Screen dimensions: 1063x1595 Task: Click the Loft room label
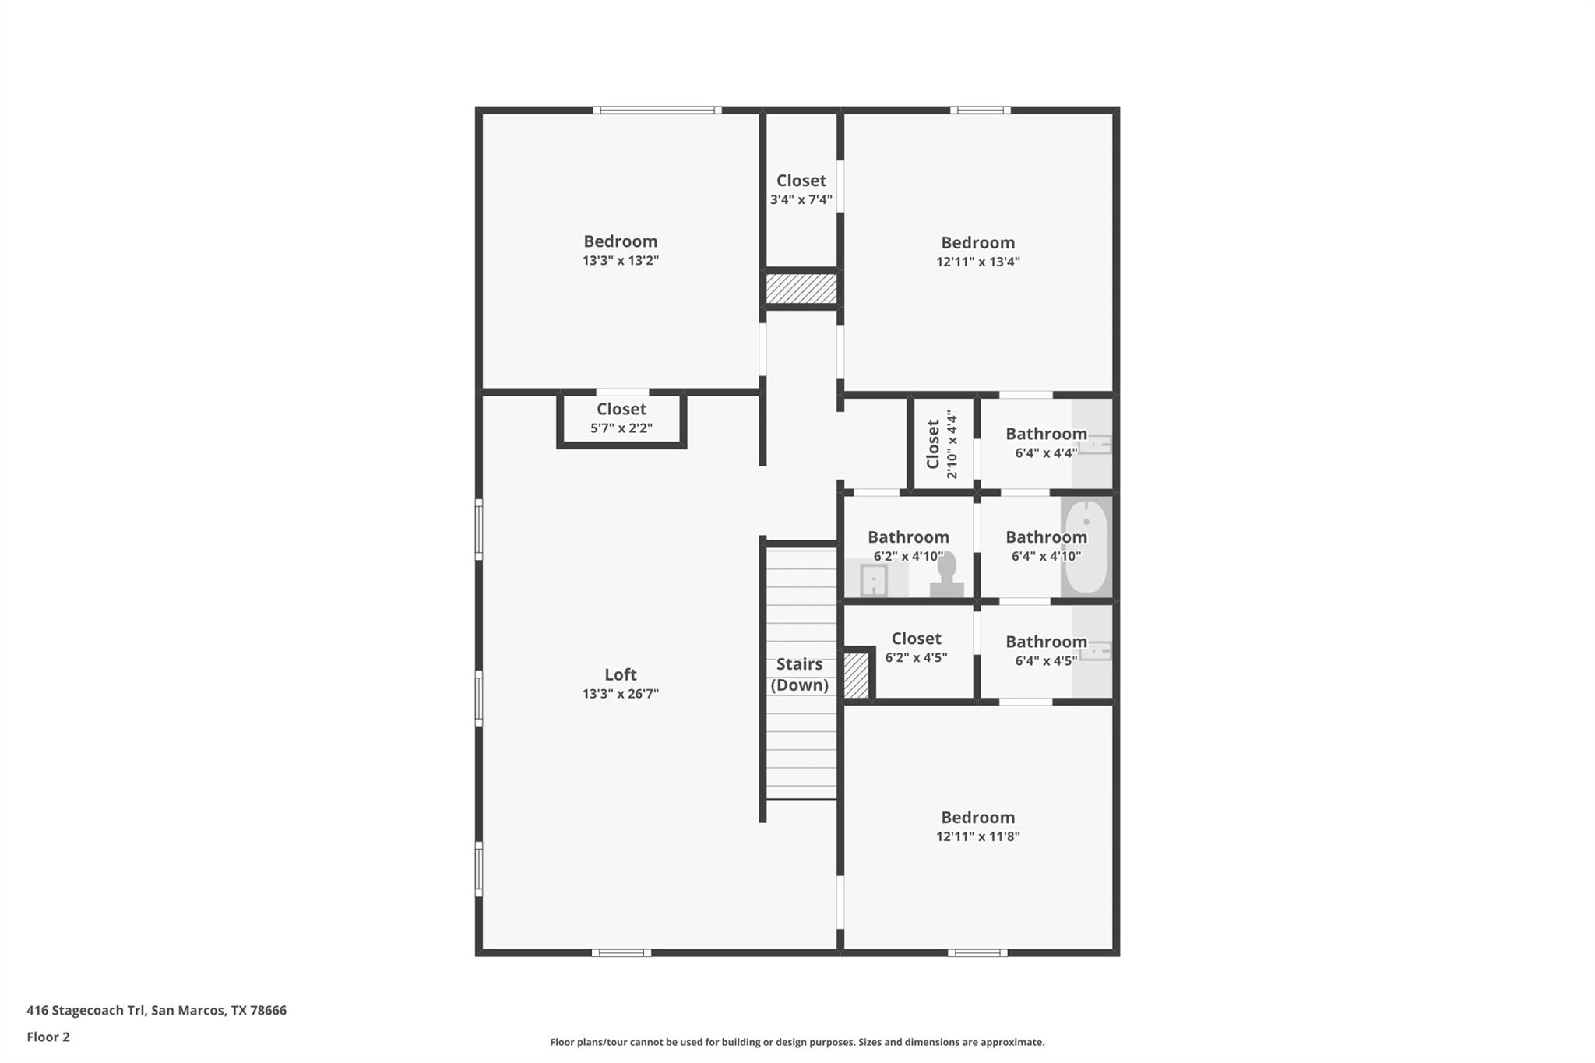(620, 674)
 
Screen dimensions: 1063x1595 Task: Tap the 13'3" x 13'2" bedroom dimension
(620, 261)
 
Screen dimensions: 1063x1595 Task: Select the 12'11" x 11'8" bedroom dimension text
(977, 837)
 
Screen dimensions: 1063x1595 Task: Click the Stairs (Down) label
(799, 674)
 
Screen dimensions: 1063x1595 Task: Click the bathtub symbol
(1086, 547)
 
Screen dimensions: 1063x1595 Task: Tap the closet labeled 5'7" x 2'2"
(621, 418)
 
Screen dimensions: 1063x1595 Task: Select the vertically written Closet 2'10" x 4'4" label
(942, 445)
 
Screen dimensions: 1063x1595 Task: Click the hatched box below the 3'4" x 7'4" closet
(801, 288)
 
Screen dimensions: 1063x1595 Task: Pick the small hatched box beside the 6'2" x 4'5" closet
(856, 675)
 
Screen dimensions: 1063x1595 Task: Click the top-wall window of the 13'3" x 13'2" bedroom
(657, 111)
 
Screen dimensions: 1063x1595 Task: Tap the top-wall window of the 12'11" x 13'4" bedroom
(980, 111)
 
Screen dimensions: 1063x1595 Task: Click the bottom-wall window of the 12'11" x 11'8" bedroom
(977, 952)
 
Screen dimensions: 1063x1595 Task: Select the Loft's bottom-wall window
(621, 952)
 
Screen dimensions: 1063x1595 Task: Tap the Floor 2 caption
(48, 1037)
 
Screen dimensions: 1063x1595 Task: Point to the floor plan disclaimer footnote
(797, 1042)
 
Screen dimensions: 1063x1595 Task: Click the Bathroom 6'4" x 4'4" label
(1045, 442)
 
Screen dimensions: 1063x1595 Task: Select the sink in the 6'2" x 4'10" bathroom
(873, 580)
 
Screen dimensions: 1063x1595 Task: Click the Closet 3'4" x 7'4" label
(801, 189)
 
